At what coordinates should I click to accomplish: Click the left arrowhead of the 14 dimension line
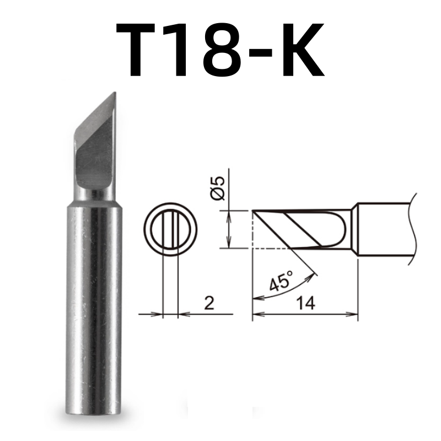point(257,315)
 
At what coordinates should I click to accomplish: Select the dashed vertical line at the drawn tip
point(252,229)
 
